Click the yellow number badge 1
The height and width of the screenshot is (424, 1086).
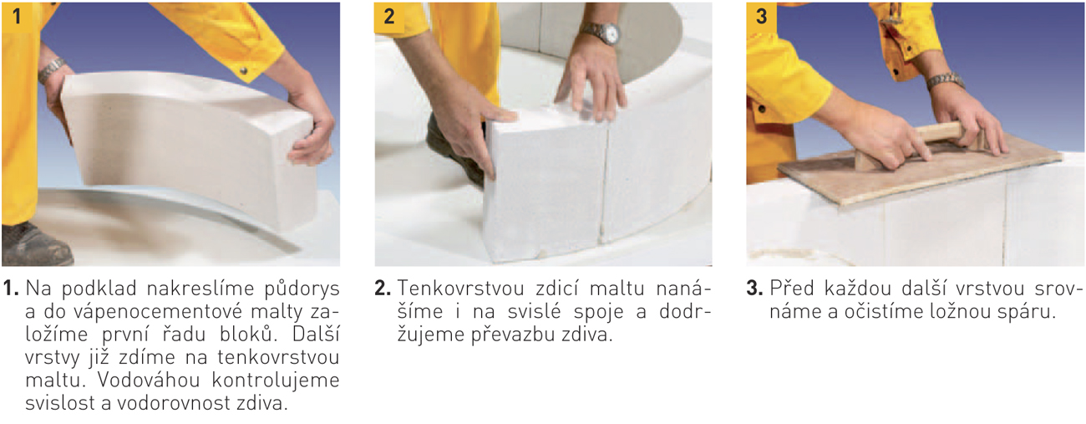coord(17,16)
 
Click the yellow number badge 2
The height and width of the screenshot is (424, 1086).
coord(388,17)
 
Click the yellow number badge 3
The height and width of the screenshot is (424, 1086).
coord(761,16)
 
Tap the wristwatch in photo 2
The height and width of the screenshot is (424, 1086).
coord(601,33)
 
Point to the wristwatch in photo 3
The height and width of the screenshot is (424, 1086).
coord(945,81)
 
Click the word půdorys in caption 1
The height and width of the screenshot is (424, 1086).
coord(302,289)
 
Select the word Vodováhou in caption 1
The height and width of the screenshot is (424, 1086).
coord(149,380)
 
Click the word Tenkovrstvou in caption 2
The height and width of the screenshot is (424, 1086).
coord(460,289)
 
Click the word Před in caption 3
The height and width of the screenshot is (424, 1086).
coord(792,289)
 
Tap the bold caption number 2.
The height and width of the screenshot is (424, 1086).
coord(383,289)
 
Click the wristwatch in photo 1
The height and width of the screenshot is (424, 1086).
coord(52,69)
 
